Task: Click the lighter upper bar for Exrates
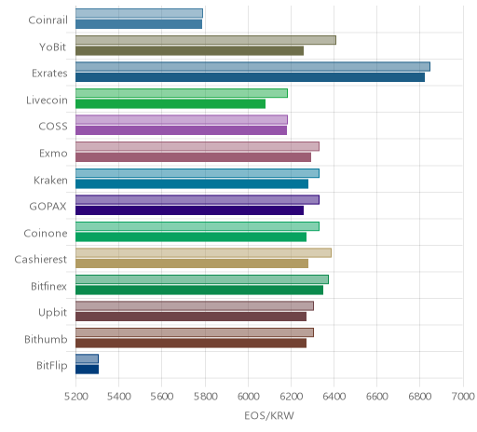[x=252, y=67]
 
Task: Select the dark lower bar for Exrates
[x=250, y=77]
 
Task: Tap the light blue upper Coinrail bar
[x=139, y=13]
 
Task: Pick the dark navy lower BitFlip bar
[x=87, y=370]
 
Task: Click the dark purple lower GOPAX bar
[x=189, y=210]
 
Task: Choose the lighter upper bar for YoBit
[x=206, y=40]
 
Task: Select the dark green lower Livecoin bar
[x=170, y=104]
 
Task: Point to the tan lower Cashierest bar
[x=192, y=263]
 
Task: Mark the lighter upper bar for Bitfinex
[x=202, y=279]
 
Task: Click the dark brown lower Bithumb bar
[x=191, y=343]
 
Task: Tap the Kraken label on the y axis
[x=50, y=180]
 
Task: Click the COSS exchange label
[x=53, y=127]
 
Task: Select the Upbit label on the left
[x=52, y=313]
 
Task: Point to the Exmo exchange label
[x=53, y=154]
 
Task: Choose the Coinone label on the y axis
[x=46, y=233]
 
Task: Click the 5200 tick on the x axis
[x=75, y=397]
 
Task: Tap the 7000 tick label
[x=463, y=397]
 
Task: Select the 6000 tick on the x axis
[x=248, y=397]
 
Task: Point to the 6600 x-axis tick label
[x=376, y=397]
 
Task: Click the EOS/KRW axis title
[x=269, y=416]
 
